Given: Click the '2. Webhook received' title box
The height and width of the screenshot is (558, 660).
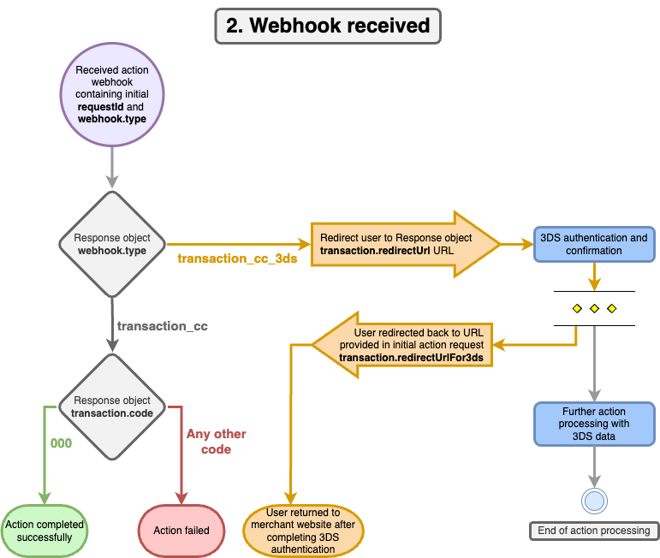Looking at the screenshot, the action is (328, 26).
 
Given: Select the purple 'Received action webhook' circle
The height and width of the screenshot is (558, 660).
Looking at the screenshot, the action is (112, 94).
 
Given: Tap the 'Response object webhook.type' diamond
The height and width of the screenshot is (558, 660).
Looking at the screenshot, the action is (112, 244).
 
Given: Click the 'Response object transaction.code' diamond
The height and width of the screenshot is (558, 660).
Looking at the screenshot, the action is (112, 407).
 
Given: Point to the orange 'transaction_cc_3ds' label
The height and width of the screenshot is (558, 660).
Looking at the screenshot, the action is (237, 258).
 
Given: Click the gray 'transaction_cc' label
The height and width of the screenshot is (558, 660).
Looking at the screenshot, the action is (162, 326).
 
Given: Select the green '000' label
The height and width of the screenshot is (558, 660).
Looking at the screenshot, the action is (61, 443).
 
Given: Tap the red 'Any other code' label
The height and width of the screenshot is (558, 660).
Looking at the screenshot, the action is (217, 442).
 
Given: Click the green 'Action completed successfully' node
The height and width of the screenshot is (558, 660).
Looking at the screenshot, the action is (45, 531).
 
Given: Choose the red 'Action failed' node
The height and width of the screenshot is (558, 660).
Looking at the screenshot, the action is (181, 531).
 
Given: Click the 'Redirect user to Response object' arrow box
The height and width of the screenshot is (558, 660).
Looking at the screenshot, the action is (406, 244).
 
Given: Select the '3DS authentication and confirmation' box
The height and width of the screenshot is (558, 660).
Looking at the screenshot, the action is (594, 244).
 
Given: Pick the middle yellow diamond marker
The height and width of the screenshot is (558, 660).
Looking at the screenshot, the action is (594, 308).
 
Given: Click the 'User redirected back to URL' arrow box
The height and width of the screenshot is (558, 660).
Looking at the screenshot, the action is (402, 345).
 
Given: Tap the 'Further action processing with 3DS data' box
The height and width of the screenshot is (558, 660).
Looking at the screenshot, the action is (594, 424).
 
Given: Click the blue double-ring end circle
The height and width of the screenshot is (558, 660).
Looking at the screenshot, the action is (594, 502).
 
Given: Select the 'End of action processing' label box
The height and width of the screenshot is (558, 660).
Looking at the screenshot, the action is (594, 531).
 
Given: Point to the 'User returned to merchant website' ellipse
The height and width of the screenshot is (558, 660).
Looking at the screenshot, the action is (303, 531).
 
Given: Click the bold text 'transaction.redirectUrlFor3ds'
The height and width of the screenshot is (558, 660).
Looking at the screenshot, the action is (411, 358).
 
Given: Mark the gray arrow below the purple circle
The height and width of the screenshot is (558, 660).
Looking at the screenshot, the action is (112, 168).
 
